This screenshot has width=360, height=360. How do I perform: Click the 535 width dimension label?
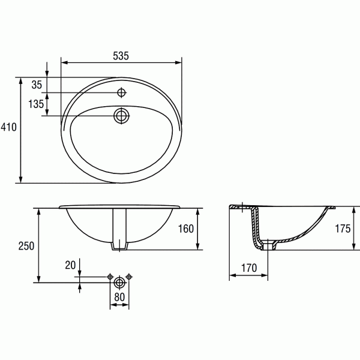click(121, 56)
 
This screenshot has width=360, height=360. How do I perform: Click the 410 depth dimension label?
click(8, 127)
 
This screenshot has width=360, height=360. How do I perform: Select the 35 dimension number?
click(37, 85)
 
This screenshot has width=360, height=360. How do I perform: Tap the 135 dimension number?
click(36, 104)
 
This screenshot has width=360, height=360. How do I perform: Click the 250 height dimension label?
click(25, 246)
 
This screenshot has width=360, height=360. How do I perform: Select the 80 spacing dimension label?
click(119, 296)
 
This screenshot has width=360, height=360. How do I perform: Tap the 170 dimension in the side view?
click(250, 267)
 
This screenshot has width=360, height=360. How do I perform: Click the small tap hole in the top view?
click(122, 93)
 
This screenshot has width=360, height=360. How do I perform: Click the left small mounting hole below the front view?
click(110, 277)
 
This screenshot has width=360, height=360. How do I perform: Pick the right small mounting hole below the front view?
click(129, 277)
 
